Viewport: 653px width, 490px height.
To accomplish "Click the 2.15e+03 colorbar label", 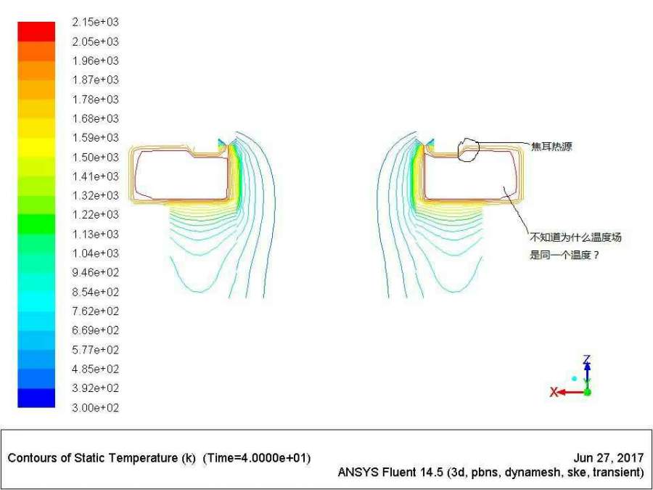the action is coord(95,22).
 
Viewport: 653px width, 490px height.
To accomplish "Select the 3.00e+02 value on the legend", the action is coord(95,407).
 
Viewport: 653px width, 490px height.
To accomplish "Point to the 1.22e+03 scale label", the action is coord(95,215).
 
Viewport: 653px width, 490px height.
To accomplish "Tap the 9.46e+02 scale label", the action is coord(95,272).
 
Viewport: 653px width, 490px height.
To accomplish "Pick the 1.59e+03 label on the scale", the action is coord(95,137).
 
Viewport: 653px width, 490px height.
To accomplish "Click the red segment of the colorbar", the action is coord(36,32).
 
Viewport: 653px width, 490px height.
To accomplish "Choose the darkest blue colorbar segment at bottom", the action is coord(36,398).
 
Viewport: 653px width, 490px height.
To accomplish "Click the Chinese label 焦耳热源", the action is coord(551,146).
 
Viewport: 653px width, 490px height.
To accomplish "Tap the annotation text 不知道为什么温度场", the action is coord(575,237).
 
